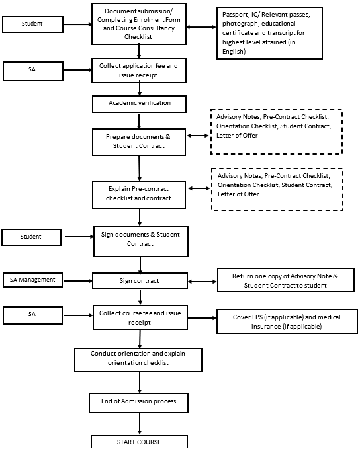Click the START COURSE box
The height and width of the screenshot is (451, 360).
pyautogui.click(x=140, y=442)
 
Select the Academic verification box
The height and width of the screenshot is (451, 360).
pyautogui.click(x=139, y=104)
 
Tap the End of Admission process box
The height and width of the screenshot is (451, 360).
pyautogui.click(x=139, y=403)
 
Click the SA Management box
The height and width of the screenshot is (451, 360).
pyautogui.click(x=32, y=280)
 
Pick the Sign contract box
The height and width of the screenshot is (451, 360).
pyautogui.click(x=140, y=281)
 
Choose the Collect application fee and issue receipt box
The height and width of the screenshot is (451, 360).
pyautogui.click(x=139, y=71)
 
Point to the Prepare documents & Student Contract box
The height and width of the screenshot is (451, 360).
pyautogui.click(x=139, y=142)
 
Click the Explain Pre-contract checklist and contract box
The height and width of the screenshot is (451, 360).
pyautogui.click(x=139, y=194)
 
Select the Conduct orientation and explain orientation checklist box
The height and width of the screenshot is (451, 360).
pyautogui.click(x=138, y=360)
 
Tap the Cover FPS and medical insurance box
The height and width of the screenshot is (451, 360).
pyautogui.click(x=287, y=321)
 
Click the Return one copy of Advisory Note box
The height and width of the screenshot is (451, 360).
pyautogui.click(x=286, y=280)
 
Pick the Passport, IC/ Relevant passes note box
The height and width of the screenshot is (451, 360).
pyautogui.click(x=269, y=33)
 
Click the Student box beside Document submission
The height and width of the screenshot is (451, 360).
pyautogui.click(x=32, y=24)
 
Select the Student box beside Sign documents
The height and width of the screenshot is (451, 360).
pyautogui.click(x=31, y=237)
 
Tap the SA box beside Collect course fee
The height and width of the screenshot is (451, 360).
pyautogui.click(x=33, y=315)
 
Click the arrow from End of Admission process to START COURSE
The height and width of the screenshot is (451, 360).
pyautogui.click(x=140, y=424)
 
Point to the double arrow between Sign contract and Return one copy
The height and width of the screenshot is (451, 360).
pyautogui.click(x=202, y=282)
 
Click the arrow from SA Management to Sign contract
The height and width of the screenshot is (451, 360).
pyautogui.click(x=77, y=281)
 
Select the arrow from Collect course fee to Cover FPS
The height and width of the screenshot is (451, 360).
pyautogui.click(x=202, y=318)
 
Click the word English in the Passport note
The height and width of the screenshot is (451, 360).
pyautogui.click(x=234, y=52)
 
